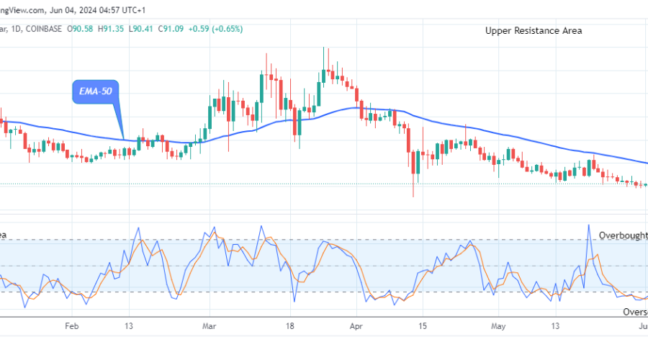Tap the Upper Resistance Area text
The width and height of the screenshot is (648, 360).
[534, 30]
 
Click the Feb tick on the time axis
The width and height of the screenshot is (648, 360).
[71, 326]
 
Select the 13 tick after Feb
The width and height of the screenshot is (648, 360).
[128, 326]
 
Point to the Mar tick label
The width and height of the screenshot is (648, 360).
[210, 326]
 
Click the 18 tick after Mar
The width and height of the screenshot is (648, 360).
[289, 326]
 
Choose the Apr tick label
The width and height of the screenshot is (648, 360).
[356, 326]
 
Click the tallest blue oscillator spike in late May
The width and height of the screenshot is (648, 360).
[589, 225]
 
